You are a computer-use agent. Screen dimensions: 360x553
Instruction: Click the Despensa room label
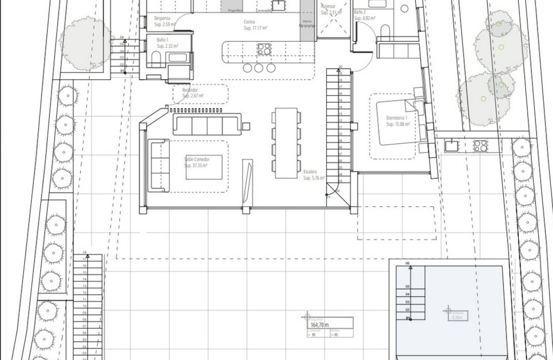(x=162, y=18)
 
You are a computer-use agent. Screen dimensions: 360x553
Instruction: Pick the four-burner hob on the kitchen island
(x=264, y=48)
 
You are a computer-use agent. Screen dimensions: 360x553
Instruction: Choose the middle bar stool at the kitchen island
(x=258, y=68)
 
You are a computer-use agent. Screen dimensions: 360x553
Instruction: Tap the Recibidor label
(x=190, y=90)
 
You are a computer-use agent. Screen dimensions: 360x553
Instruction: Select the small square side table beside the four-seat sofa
(x=246, y=126)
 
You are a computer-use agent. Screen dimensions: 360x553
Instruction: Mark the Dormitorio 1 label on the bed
(x=397, y=118)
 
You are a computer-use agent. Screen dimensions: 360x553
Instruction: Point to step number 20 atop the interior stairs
(x=340, y=67)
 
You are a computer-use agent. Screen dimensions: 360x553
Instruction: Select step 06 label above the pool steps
(x=407, y=263)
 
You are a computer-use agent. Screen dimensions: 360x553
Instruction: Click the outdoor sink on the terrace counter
(x=451, y=146)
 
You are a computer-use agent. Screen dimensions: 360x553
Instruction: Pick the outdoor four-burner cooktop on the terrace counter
(x=480, y=146)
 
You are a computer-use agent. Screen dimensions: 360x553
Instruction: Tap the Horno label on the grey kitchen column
(x=307, y=21)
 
